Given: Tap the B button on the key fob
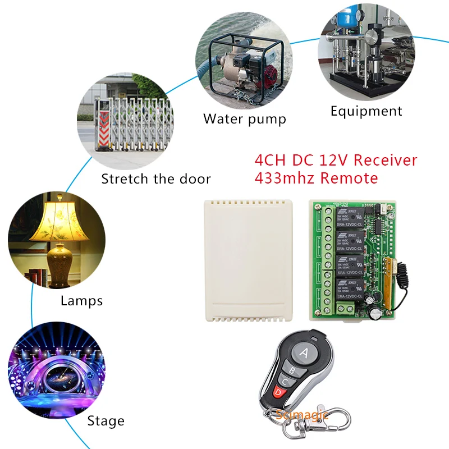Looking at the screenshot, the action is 292,370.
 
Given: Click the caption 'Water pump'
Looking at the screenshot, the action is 245,119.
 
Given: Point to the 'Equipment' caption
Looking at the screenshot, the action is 366,111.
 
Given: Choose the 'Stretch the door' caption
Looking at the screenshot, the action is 156,179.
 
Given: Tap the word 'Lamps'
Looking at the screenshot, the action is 81,301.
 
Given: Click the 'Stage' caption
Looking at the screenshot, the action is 106,420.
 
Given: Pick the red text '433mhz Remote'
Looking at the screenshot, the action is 316,178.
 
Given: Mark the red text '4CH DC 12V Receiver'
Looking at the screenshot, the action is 336,161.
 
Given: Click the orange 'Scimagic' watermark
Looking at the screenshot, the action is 300,415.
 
